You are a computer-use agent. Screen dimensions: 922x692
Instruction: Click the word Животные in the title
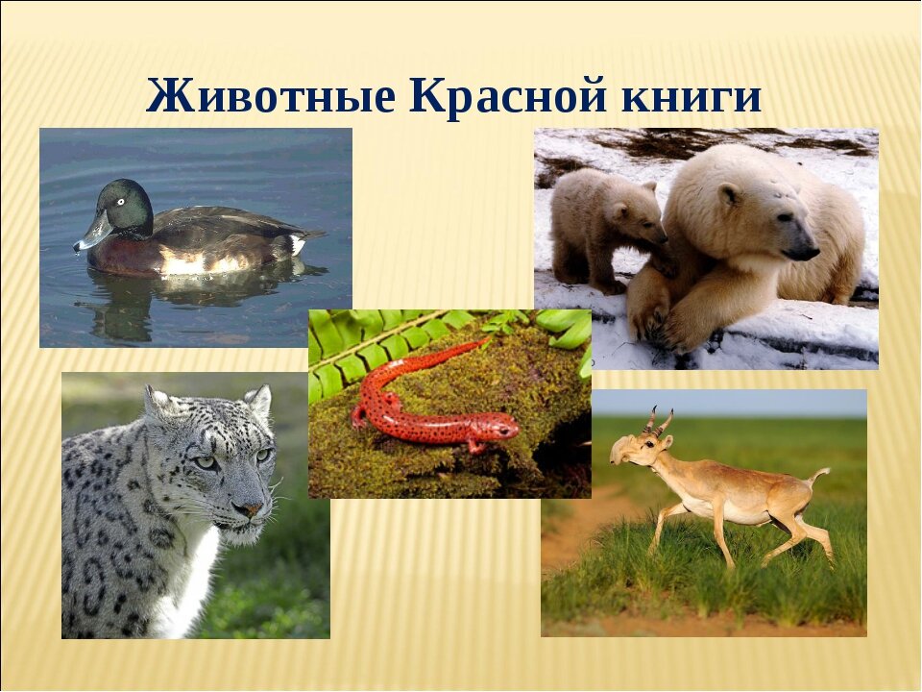pyautogui.click(x=271, y=95)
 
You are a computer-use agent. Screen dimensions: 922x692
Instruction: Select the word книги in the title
pyautogui.click(x=691, y=96)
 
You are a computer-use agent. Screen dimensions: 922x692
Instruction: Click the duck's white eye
pyautogui.click(x=121, y=202)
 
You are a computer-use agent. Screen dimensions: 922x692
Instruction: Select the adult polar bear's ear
pyautogui.click(x=730, y=193)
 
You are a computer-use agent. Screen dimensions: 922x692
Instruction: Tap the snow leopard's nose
pyautogui.click(x=251, y=507)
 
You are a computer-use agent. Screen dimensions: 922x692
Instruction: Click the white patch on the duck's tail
pyautogui.click(x=297, y=244)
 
